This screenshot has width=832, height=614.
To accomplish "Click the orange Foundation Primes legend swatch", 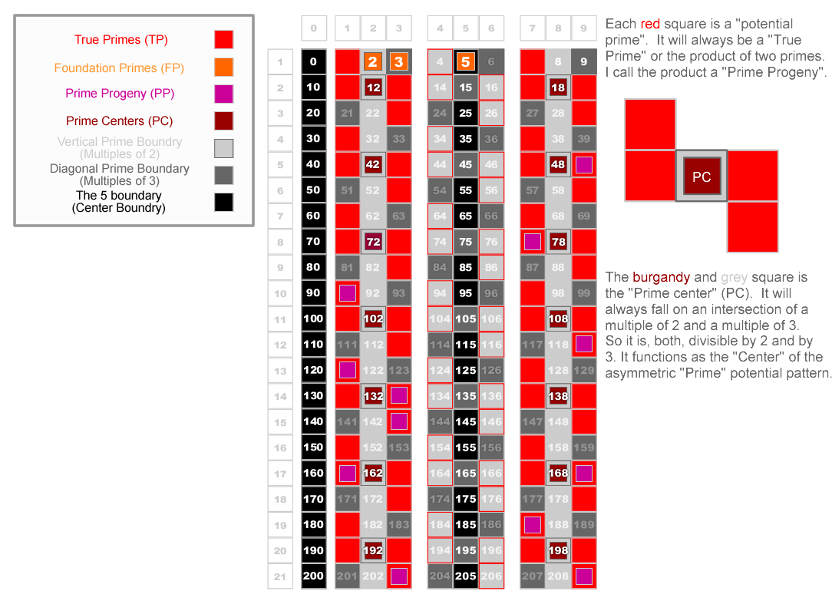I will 224,67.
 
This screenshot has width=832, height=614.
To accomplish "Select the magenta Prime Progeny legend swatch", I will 224,94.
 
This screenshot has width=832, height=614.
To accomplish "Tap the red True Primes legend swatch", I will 224,40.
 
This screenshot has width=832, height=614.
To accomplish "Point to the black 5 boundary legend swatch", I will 224,202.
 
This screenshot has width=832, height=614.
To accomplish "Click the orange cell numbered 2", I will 373,62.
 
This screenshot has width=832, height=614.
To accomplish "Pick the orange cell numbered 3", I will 398,62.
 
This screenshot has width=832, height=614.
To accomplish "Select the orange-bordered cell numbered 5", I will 465,62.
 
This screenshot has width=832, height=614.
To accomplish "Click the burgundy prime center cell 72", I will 373,242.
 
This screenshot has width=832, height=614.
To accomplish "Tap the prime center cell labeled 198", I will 558,550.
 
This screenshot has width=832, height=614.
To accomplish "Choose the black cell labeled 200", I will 314,576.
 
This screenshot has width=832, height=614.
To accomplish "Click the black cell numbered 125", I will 465,370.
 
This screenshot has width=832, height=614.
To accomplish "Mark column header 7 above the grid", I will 532,29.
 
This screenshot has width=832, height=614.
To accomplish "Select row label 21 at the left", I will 280,576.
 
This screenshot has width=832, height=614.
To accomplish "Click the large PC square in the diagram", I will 702,176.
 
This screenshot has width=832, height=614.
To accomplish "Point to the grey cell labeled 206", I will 491,576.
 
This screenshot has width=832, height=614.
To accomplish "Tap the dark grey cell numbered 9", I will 584,62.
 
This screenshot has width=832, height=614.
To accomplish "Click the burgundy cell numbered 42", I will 373,164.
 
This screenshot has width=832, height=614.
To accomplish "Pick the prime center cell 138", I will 558,396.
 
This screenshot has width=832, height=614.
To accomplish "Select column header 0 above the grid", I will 314,29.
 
